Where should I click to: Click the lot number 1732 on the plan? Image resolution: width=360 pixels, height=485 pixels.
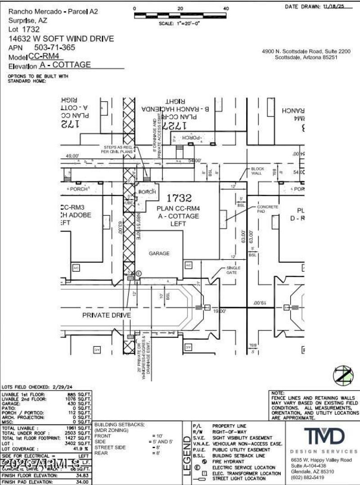tap(179, 198)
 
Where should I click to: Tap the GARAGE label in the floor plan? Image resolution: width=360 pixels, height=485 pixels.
tap(159, 253)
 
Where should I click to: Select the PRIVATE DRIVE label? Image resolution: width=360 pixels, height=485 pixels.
tap(106, 315)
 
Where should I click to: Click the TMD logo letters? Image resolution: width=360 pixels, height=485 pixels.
tap(324, 436)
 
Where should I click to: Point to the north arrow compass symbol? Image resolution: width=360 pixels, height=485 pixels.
tap(343, 375)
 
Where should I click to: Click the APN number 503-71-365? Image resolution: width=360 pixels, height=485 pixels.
tap(54, 47)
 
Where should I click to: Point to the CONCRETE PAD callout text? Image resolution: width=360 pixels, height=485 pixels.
tap(267, 209)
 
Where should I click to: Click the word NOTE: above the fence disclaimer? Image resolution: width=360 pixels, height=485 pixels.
tap(278, 393)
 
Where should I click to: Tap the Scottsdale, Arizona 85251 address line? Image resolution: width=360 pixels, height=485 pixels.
tap(306, 58)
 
